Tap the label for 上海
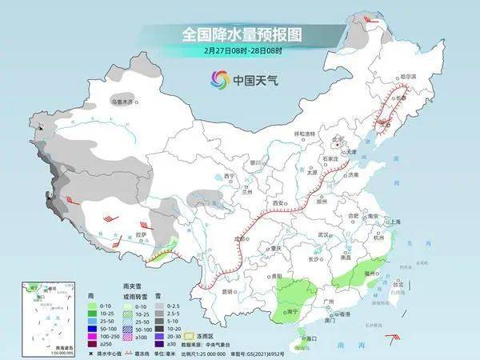point(394,221)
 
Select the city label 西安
point(279,204)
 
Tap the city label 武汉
point(323,234)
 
